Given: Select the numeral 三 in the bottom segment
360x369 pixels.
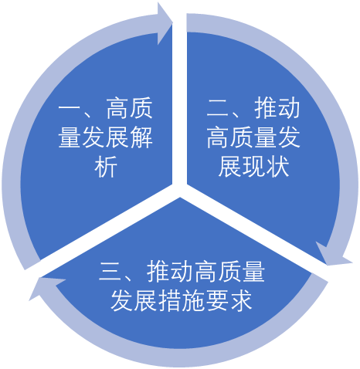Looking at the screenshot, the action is pyautogui.click(x=110, y=271).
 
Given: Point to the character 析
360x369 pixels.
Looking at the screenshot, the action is pyautogui.click(x=106, y=167).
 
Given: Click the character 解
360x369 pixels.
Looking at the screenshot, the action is pyautogui.click(x=141, y=137).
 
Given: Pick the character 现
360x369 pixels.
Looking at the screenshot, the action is pyautogui.click(x=254, y=167).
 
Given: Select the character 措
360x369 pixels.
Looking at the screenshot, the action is pyautogui.click(x=169, y=300).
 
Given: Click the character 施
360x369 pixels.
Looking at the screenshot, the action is pyautogui.click(x=193, y=300).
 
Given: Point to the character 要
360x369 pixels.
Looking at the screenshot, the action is pyautogui.click(x=217, y=300).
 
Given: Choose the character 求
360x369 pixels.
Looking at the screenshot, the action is pyautogui.click(x=240, y=300).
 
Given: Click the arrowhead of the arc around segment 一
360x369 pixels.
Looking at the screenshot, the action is pyautogui.click(x=165, y=24).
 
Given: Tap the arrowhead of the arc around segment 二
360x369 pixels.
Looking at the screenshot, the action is pyautogui.click(x=333, y=254).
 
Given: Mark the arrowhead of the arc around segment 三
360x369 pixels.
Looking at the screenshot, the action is pyautogui.click(x=46, y=287).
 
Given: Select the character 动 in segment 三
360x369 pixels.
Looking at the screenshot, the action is pyautogui.click(x=182, y=271).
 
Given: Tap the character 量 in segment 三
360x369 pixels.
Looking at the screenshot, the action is pyautogui.click(x=253, y=271).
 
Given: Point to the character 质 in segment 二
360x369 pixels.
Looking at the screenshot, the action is pyautogui.click(x=242, y=137).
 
